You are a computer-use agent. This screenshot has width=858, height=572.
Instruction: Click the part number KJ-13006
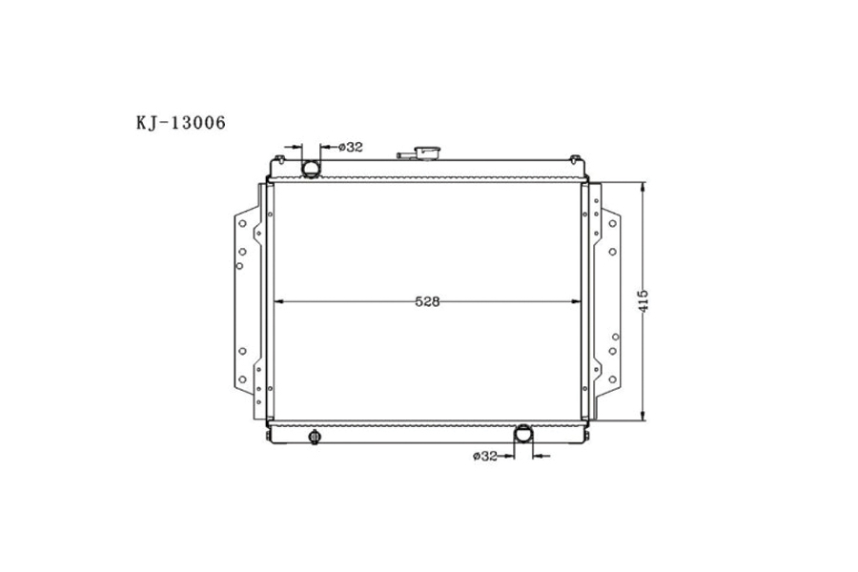(180, 122)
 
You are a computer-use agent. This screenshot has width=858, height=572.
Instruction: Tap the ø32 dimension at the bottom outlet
(485, 457)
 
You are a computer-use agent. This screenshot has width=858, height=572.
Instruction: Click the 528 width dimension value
(427, 302)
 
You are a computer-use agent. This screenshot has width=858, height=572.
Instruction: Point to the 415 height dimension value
(643, 301)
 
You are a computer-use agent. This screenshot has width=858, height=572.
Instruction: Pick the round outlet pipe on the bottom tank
(523, 435)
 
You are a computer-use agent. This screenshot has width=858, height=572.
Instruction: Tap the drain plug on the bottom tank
(315, 438)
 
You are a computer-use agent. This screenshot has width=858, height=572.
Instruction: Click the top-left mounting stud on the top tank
(279, 157)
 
